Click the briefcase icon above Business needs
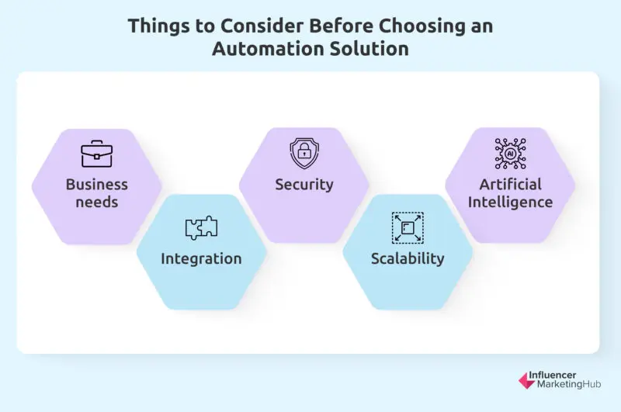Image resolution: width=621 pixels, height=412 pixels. (x=97, y=154)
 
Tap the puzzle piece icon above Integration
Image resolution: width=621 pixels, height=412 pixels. (x=201, y=227)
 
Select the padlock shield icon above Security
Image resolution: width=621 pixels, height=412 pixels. (x=304, y=153)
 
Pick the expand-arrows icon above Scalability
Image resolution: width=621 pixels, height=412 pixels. (x=407, y=227)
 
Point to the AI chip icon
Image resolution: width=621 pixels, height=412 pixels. (x=510, y=154)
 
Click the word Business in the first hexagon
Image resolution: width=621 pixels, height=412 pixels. (x=97, y=185)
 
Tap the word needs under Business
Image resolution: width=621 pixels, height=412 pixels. (x=97, y=203)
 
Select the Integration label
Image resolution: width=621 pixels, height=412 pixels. (x=201, y=258)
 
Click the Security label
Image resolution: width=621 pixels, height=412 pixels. (x=304, y=185)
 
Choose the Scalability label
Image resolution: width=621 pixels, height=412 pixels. (x=407, y=258)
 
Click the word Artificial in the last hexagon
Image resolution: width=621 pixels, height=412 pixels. (x=510, y=185)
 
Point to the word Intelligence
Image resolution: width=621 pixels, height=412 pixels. (x=510, y=203)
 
